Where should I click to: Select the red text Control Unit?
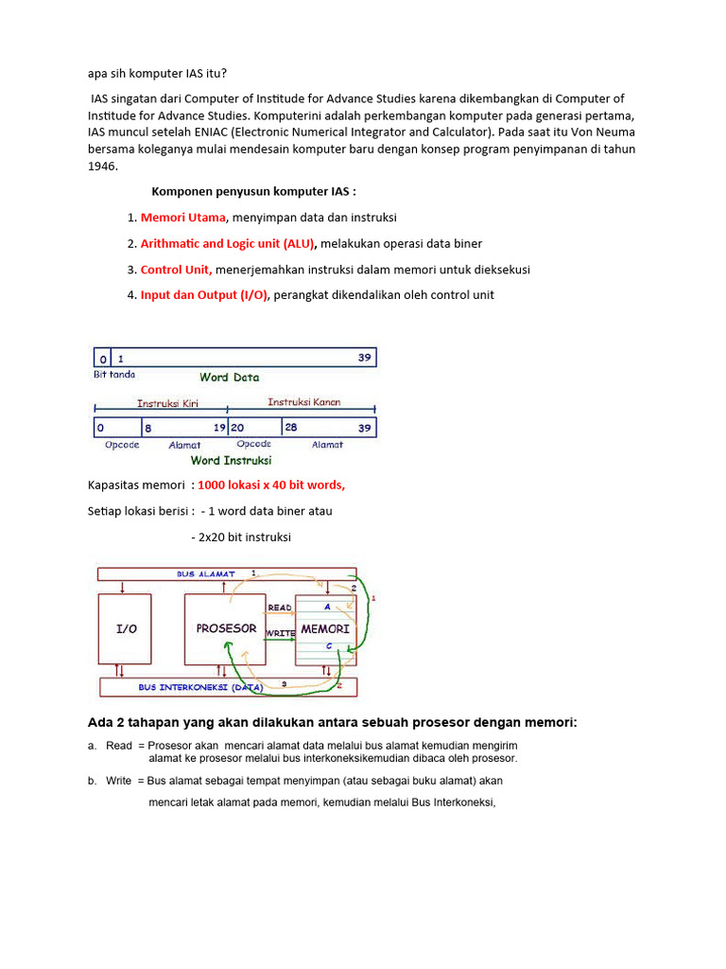176,270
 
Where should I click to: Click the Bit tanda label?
114,375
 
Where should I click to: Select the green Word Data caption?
229,377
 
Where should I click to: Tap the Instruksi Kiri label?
167,403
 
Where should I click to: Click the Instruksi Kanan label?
303,402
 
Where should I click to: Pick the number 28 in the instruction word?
291,428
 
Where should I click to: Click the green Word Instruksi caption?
231,461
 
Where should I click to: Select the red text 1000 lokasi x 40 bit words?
271,485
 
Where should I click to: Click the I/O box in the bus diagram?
125,628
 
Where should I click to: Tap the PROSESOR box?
226,628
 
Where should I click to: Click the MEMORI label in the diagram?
325,628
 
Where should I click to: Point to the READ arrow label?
280,608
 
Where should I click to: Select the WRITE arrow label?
282,631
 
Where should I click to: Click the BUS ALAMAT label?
205,574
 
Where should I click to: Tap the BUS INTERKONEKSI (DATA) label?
199,687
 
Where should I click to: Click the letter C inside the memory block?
327,646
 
